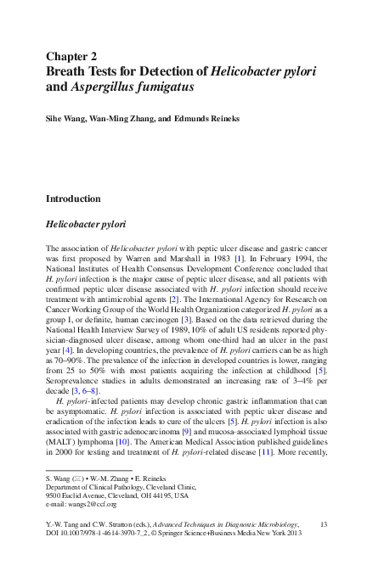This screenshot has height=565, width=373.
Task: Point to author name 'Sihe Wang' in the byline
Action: pyautogui.click(x=66, y=119)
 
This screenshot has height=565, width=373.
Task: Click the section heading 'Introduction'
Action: pyautogui.click(x=84, y=199)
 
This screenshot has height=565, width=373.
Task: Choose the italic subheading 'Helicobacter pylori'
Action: pyautogui.click(x=85, y=225)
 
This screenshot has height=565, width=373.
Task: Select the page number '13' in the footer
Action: pyautogui.click(x=323, y=527)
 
